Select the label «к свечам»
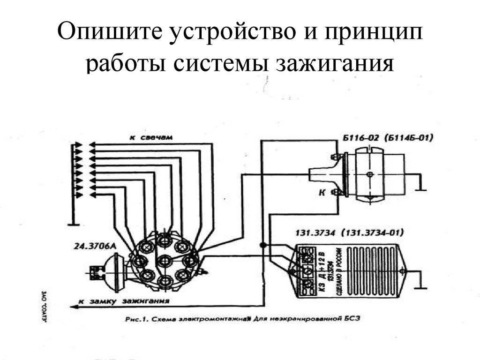coord(151,138)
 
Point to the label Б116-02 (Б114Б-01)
coord(388,138)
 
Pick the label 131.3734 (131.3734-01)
coord(349,232)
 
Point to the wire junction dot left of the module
coord(263,245)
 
